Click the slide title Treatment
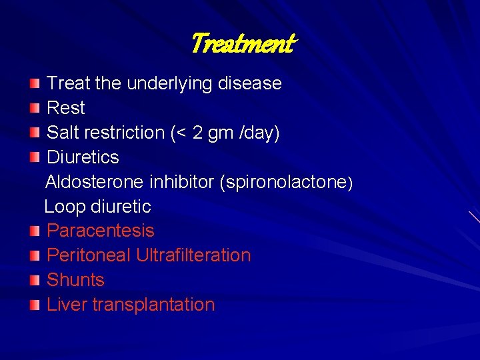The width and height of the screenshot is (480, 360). tap(242, 45)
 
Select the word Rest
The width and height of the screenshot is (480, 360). tap(66, 108)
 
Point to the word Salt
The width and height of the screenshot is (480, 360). tap(65, 133)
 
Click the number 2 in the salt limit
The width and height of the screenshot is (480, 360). tap(197, 133)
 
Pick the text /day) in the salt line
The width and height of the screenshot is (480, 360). tap(259, 133)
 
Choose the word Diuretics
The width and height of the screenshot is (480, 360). tap(83, 157)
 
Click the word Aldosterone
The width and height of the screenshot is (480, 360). tap(95, 182)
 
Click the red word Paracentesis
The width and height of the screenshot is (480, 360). tap(101, 231)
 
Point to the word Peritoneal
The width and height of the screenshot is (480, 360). tap(89, 255)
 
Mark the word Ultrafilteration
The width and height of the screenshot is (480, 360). tap(193, 255)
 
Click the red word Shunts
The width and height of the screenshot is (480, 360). tap(76, 280)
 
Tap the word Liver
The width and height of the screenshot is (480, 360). tap(67, 305)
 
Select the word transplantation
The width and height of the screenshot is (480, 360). tap(153, 305)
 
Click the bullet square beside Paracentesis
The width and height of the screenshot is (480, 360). tap(35, 232)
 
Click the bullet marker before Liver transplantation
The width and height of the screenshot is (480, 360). tap(35, 305)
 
